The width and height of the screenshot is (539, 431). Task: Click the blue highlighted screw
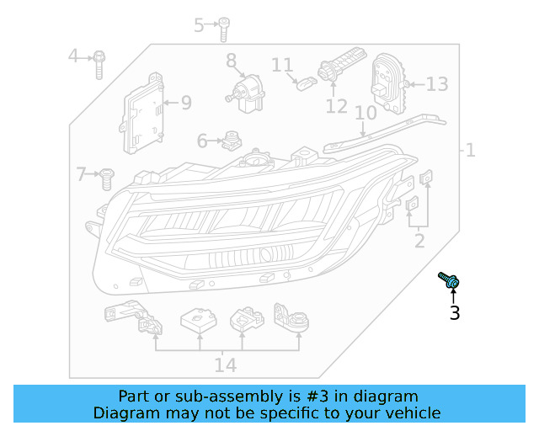pos(448,281)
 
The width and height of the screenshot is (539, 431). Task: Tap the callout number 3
pos(455,314)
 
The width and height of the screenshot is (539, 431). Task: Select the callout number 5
pos(200,25)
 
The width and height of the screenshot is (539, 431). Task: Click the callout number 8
pos(231,61)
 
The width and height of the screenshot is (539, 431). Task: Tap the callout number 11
pos(282,65)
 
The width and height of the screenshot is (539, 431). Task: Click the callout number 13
pos(437,84)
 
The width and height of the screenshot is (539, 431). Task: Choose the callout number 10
pos(365,113)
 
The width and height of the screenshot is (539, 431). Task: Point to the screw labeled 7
pos(107,177)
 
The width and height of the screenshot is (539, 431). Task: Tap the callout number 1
pos(470,151)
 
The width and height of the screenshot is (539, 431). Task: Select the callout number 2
pos(419,242)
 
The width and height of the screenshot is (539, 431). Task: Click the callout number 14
pos(225,364)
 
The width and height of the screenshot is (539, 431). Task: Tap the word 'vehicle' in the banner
pos(412,413)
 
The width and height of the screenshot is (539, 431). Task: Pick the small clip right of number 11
pos(307,82)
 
